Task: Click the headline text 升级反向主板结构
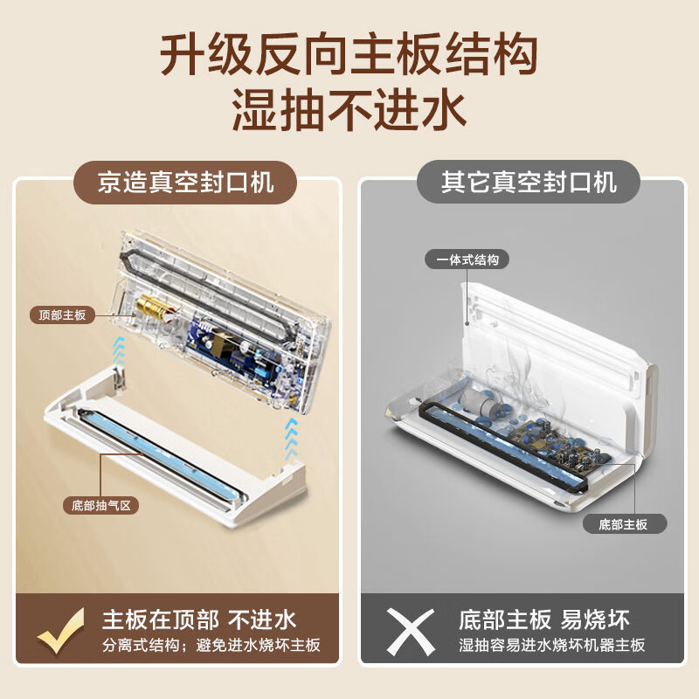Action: tap(349, 55)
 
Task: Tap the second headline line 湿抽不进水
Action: tap(349, 112)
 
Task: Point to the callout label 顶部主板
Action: tap(62, 315)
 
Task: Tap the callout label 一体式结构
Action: tap(467, 260)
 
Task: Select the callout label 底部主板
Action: tap(623, 524)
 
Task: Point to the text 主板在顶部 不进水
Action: tap(199, 620)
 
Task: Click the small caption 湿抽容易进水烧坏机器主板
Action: tap(552, 647)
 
